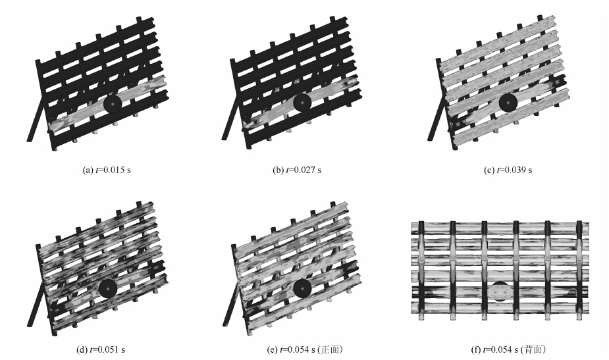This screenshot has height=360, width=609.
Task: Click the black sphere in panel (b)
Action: click(x=302, y=103)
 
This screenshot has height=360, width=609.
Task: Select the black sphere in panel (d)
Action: click(x=108, y=288)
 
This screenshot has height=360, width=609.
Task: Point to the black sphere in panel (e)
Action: click(x=303, y=288)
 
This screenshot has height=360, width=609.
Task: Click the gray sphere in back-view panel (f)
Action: click(x=500, y=292)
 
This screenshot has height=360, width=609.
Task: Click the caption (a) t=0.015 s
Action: click(x=107, y=170)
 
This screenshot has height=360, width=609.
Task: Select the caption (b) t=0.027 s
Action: click(x=297, y=170)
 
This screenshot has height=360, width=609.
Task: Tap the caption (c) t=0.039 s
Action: click(x=508, y=170)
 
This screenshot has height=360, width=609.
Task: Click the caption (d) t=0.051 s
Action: click(x=101, y=349)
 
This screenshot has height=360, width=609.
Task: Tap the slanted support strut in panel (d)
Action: click(x=37, y=304)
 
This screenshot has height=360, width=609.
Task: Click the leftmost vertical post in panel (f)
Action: click(x=421, y=270)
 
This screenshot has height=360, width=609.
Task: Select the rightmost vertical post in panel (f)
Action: click(x=580, y=270)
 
